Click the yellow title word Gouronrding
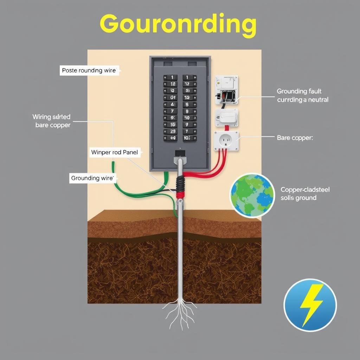178,25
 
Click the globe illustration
252,195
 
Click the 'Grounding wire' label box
93,178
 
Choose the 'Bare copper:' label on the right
295,138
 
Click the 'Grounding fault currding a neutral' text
303,96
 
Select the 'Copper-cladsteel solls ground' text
305,194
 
